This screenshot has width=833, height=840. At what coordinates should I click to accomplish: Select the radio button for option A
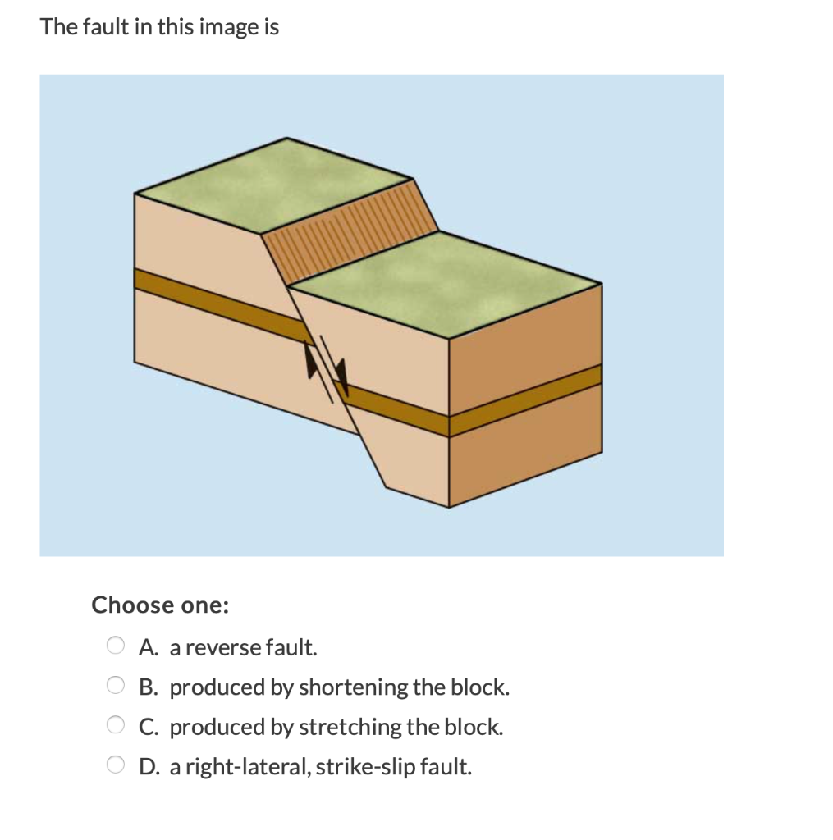tap(116, 646)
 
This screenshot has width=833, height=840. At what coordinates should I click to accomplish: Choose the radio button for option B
tap(116, 686)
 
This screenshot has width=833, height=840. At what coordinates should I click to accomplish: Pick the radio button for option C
tap(116, 726)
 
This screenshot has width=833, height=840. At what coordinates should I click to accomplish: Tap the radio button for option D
tap(116, 766)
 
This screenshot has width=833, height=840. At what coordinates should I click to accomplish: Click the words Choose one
tap(160, 605)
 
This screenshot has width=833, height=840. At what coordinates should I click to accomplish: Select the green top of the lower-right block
tap(443, 279)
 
